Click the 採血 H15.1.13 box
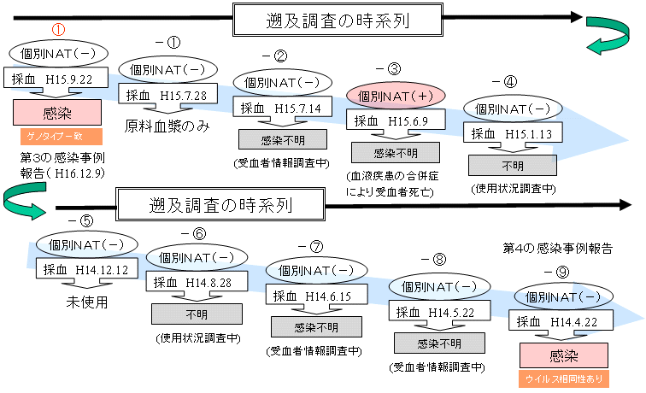pyautogui.click(x=511, y=134)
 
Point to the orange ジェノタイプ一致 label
pyautogui.click(x=58, y=135)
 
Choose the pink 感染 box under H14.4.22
pyautogui.click(x=563, y=355)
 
